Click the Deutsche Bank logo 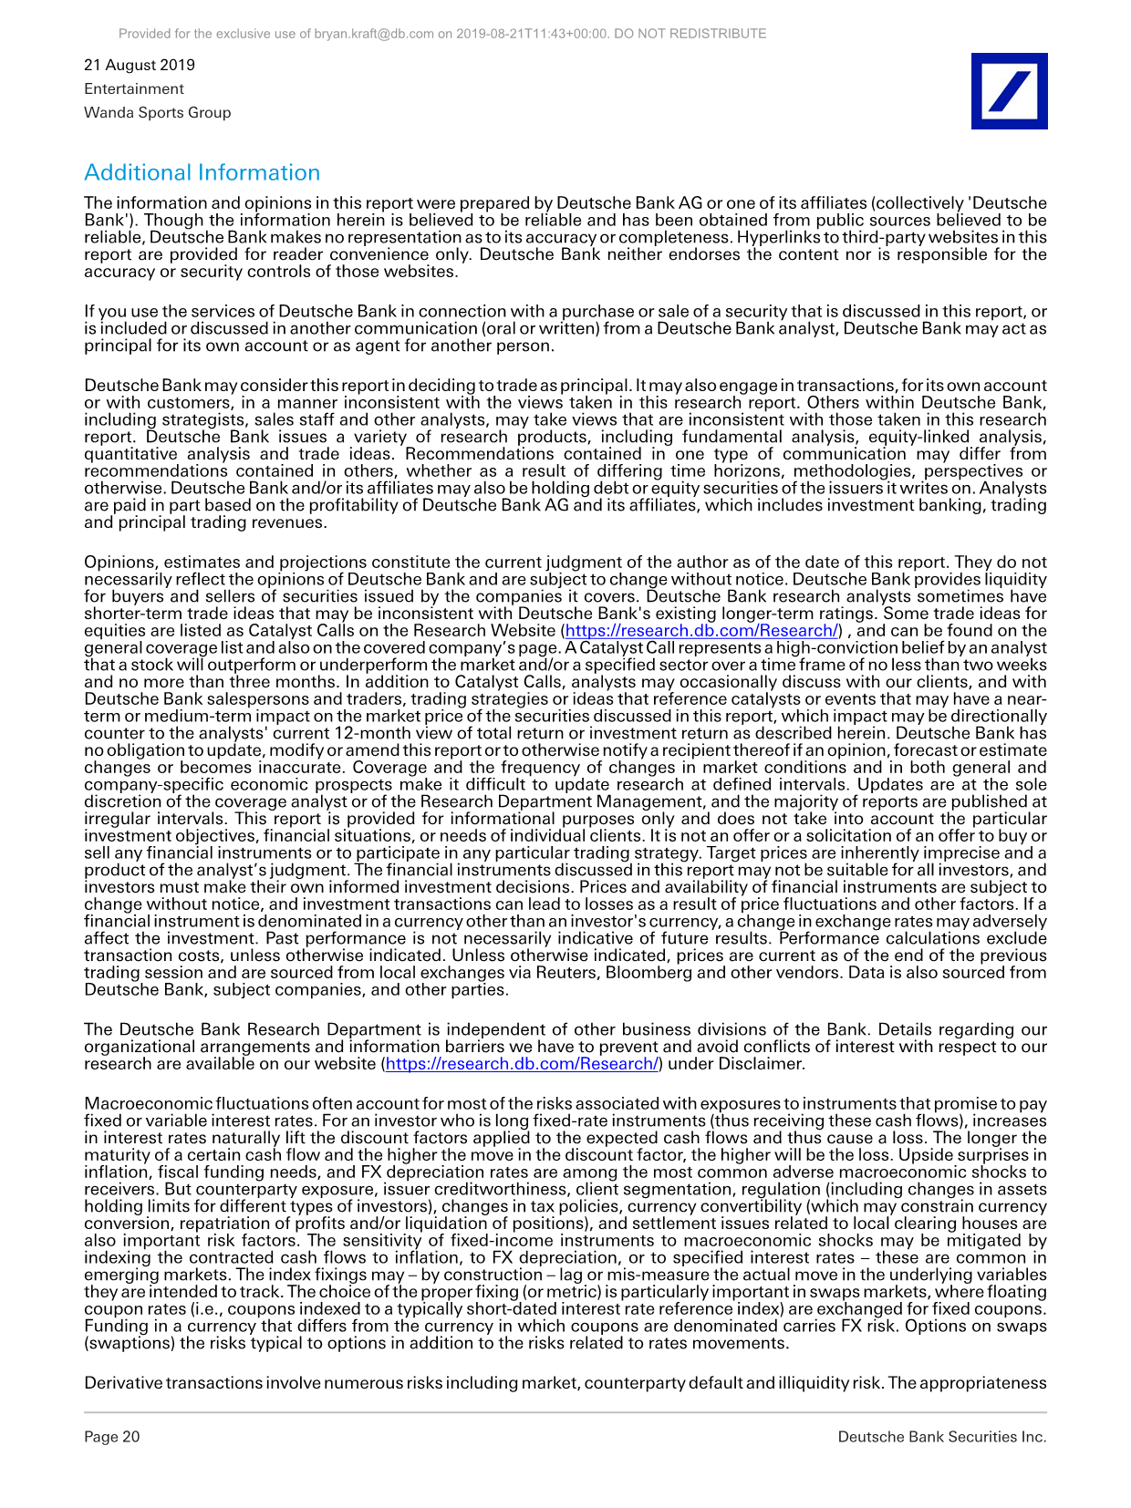(x=1009, y=91)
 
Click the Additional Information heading (x=202, y=172)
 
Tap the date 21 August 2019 (x=140, y=65)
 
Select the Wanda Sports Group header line (x=157, y=112)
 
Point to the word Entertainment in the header (x=134, y=88)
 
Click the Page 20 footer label (x=112, y=1437)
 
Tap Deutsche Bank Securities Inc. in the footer (x=941, y=1437)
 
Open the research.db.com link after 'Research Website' (x=701, y=630)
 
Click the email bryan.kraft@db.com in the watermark (x=374, y=34)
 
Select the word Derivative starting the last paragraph (x=123, y=1383)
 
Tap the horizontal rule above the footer (x=565, y=1412)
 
